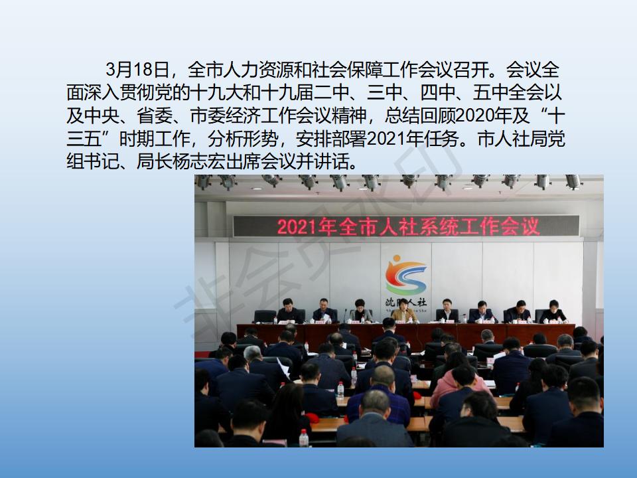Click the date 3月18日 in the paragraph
pos(137,70)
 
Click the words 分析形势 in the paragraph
pos(243,139)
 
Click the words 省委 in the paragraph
pos(155,116)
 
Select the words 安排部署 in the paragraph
pos(332,139)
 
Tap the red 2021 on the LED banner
pos(297,227)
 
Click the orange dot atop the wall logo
pos(397,258)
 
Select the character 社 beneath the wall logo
pos(422,303)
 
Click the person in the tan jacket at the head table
pos(403,312)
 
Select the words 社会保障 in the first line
pos(347,70)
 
